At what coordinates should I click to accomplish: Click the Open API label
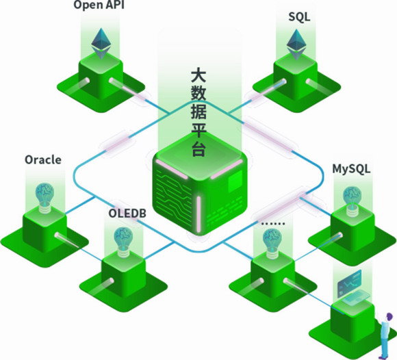[99, 5]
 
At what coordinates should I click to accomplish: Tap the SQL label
[299, 16]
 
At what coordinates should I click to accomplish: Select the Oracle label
[43, 159]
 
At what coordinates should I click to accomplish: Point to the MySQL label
[351, 169]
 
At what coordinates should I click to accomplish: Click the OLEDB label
[127, 213]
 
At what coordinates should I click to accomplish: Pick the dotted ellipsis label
[273, 224]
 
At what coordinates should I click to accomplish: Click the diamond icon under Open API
[101, 44]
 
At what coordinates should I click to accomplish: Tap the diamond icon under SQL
[296, 44]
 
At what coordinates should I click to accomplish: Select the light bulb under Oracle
[44, 198]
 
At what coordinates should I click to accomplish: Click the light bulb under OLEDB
[123, 242]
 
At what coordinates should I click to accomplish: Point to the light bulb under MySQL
[353, 201]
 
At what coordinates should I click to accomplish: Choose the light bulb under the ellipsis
[272, 244]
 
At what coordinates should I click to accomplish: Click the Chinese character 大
[198, 75]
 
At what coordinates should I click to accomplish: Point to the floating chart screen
[349, 283]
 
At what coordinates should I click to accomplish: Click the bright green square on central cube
[235, 181]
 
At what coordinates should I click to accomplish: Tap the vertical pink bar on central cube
[198, 214]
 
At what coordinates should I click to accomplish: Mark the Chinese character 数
[198, 93]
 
